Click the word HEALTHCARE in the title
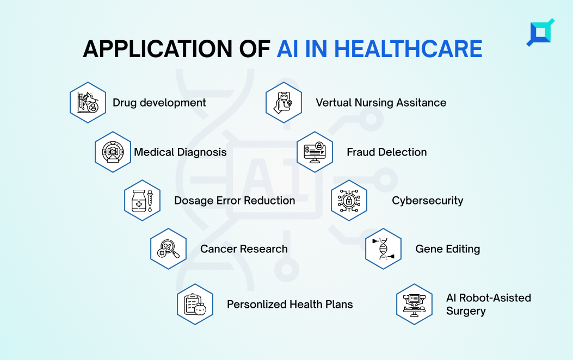tap(408, 49)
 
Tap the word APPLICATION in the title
tap(157, 49)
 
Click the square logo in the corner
tap(540, 33)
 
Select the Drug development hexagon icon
tap(88, 103)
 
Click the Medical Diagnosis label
tap(180, 152)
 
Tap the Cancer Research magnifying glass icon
tap(169, 249)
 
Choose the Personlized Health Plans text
tap(290, 304)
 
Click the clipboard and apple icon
tap(195, 304)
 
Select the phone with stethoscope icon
tap(284, 103)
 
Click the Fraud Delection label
tap(387, 152)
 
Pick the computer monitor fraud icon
tap(315, 152)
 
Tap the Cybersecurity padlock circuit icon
tap(349, 201)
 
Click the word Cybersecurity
tap(428, 201)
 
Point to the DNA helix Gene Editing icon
tap(383, 249)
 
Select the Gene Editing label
tap(448, 249)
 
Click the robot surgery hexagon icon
tap(415, 304)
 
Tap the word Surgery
tap(466, 312)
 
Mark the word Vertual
tap(333, 103)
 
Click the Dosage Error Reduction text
tap(235, 201)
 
